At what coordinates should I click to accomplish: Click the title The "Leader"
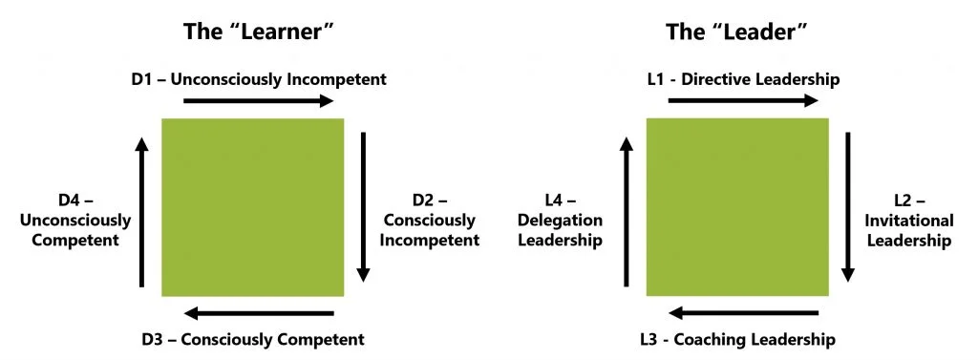(737, 32)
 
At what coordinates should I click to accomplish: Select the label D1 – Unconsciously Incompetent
(258, 79)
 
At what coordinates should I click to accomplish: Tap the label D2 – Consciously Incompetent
(430, 220)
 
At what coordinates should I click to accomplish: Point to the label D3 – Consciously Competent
(253, 338)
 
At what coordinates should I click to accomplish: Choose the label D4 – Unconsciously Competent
(75, 220)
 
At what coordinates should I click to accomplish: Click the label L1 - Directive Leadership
(743, 79)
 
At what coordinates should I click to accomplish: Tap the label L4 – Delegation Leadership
(560, 220)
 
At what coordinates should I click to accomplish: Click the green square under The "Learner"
(253, 207)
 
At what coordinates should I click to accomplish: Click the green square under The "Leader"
(737, 207)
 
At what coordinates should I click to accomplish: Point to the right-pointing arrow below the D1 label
(253, 100)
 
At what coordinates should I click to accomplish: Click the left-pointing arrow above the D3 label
(258, 313)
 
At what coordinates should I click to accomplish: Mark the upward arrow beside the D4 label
(142, 211)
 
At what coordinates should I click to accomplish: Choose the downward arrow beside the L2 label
(848, 206)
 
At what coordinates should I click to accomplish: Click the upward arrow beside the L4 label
(627, 211)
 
